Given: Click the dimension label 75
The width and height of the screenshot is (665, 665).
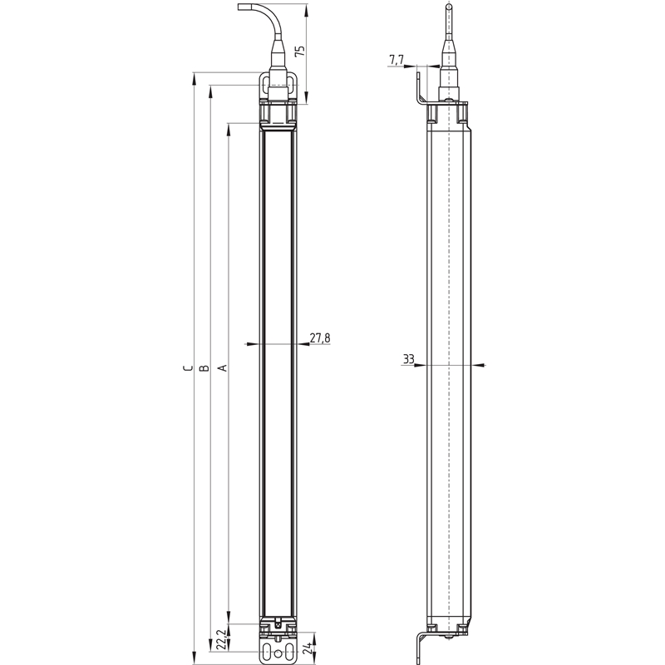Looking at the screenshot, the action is coord(299,51).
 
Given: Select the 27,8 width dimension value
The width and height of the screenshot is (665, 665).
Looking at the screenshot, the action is coord(320,338).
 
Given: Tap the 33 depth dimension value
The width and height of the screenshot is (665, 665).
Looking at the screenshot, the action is coord(408,359).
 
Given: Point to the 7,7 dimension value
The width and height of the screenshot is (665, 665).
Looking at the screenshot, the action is coord(397,60).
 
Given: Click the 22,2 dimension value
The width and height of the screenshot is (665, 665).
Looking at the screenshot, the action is coord(220,639).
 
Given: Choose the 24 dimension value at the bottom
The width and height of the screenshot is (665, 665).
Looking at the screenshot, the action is coord(308,648).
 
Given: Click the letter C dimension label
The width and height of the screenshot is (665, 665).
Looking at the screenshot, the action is coord(188,367).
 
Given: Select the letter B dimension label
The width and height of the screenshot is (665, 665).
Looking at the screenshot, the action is coord(204,367).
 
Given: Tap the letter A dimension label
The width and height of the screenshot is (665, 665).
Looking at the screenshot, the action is coord(222,367).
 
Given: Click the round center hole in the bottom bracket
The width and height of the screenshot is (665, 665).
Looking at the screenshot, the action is coord(278,654).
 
